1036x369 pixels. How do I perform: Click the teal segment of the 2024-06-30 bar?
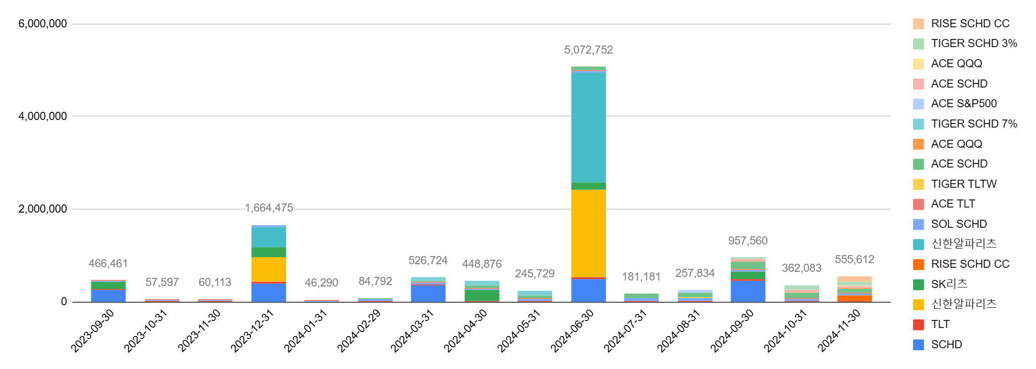pos(588,127)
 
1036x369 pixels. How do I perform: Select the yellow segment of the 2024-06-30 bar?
pos(588,233)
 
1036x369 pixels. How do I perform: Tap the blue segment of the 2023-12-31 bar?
pos(269,293)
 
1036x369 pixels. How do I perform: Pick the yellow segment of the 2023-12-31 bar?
pos(269,269)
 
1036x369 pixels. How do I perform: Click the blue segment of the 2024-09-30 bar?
pos(748,291)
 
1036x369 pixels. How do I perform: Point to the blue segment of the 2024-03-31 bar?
pos(428,294)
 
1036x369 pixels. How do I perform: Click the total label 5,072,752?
pos(588,50)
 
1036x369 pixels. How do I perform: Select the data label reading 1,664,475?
pos(269,208)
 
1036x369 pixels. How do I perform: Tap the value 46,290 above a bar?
pos(321,282)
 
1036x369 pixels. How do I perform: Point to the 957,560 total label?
pos(748,241)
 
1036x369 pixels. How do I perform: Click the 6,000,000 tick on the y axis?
pos(42,24)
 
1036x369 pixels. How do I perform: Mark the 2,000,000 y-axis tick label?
pos(42,209)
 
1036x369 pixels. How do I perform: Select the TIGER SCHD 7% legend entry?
pos(973,124)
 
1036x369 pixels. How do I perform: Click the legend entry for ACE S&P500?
pos(963,104)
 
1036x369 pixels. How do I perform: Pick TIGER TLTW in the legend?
pos(963,184)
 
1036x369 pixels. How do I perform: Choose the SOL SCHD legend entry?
pos(959,224)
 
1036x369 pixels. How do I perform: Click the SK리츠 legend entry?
pos(949,284)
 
